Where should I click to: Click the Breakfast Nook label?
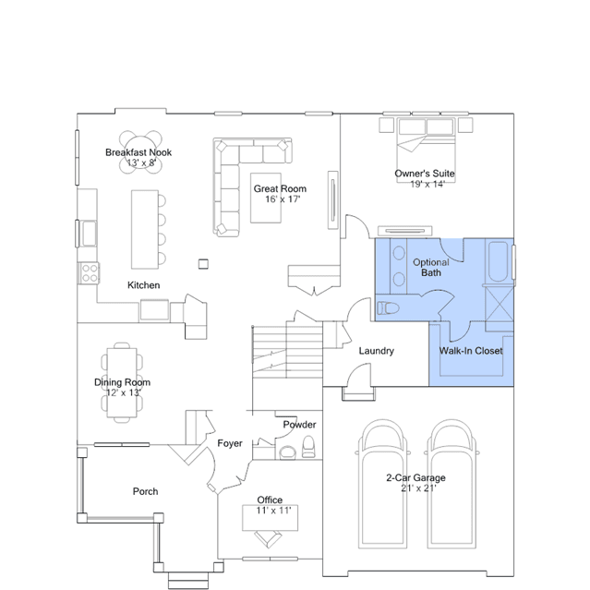[x=138, y=152]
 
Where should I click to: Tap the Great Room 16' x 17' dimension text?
[x=283, y=199]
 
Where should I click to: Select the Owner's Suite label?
[x=425, y=174]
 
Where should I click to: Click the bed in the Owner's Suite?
[x=426, y=151]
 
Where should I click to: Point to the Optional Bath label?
[x=431, y=268]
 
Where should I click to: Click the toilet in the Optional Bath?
[x=388, y=308]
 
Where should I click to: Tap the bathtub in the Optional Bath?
[x=498, y=261]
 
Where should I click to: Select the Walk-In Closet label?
[x=471, y=351]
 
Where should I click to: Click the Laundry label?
[x=377, y=351]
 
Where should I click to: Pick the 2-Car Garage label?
[x=415, y=477]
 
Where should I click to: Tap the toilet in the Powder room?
[x=308, y=447]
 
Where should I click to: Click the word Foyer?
[x=230, y=443]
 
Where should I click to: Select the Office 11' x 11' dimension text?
[x=273, y=511]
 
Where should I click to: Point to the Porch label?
[x=145, y=491]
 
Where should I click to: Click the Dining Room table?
[x=122, y=382]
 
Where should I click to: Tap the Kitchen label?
[x=143, y=285]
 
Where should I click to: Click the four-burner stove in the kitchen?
[x=89, y=272]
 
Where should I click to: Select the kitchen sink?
[x=90, y=234]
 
